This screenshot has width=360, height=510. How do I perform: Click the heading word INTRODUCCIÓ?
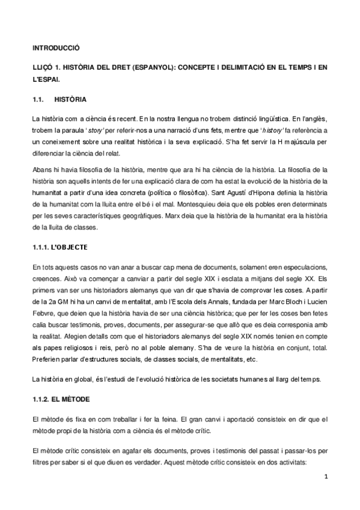tap(55, 47)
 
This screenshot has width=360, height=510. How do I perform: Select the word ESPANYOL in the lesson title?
tap(157, 67)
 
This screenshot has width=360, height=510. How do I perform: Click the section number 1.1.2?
tap(42, 398)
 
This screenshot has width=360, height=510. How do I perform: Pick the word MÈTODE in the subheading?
tap(78, 398)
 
